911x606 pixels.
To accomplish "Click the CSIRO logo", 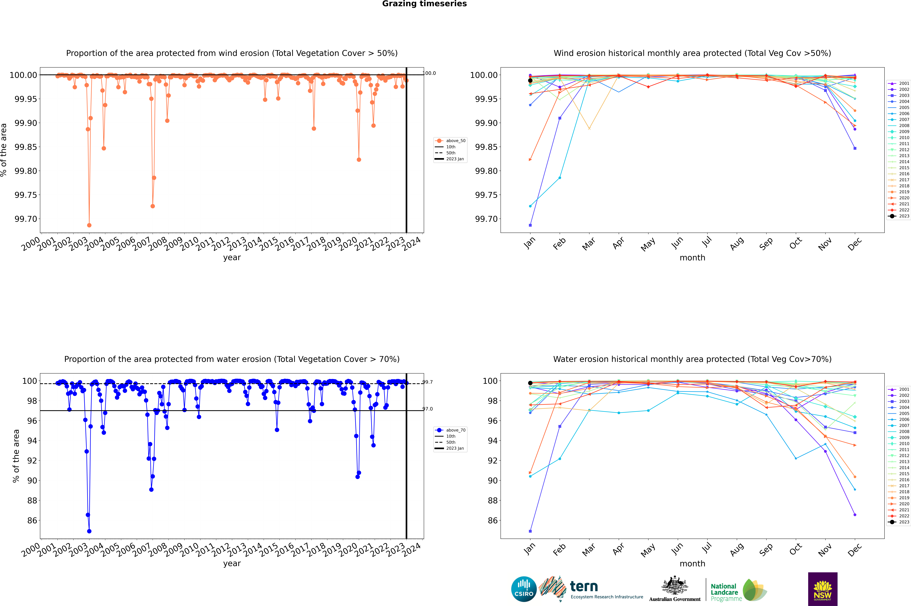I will (524, 589).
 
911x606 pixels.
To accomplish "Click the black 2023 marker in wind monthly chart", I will (530, 80).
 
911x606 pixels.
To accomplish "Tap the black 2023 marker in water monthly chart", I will (530, 383).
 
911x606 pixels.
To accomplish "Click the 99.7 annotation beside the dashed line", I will (428, 382).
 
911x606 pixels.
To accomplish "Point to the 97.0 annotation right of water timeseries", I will (428, 409).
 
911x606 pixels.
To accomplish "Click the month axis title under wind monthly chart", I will (692, 258).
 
